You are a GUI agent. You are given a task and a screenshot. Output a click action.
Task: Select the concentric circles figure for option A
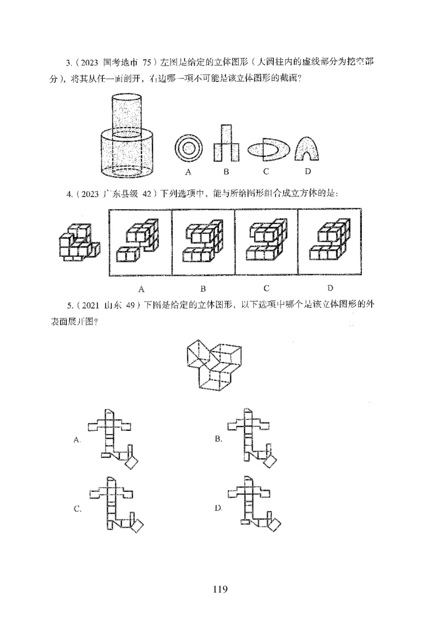tap(188, 148)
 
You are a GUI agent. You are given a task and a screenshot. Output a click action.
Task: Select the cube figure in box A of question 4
tap(141, 242)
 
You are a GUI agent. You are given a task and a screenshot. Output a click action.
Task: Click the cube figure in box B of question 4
tap(203, 243)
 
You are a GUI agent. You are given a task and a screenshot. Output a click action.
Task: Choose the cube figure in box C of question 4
tap(266, 242)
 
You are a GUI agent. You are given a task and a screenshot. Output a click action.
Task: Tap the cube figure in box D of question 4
tap(329, 242)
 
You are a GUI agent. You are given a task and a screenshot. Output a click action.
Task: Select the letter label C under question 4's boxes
tap(266, 288)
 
